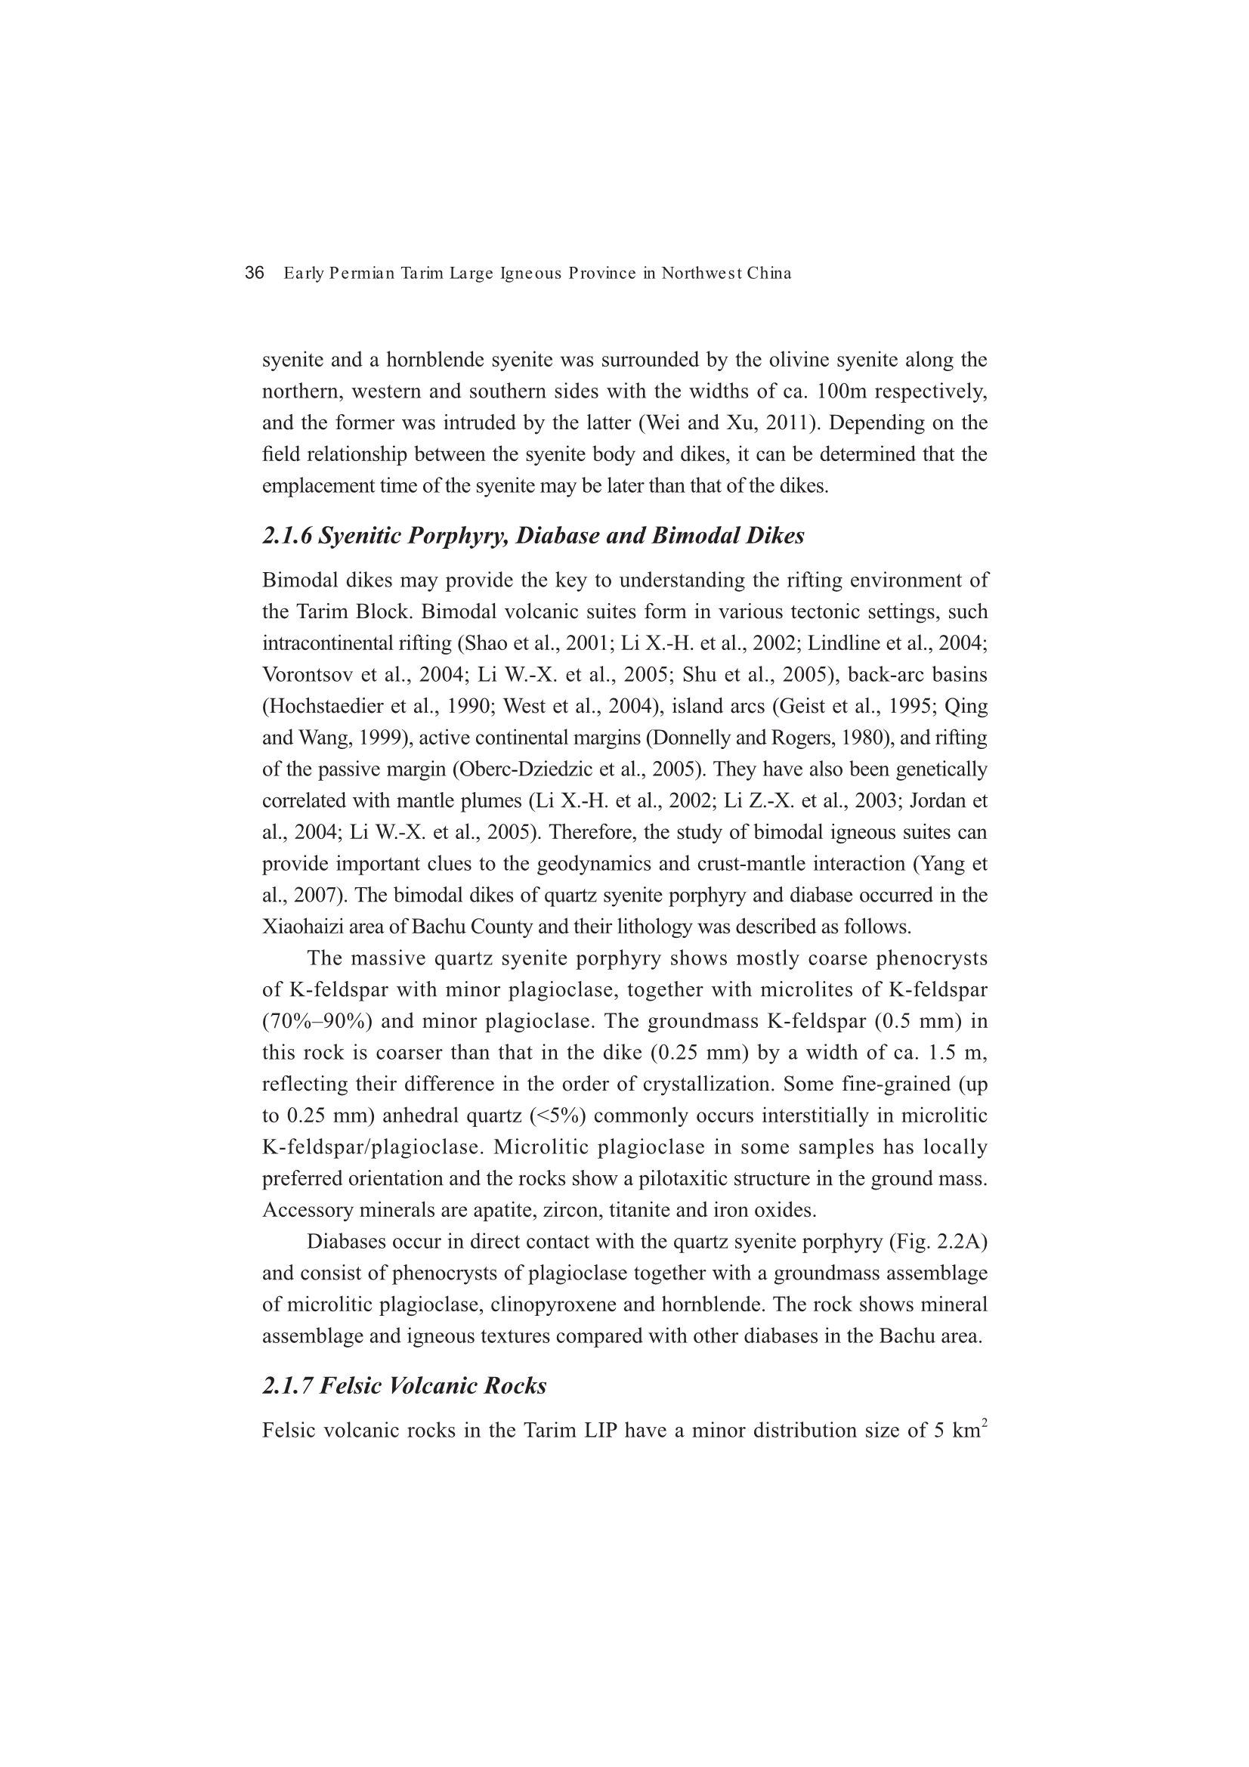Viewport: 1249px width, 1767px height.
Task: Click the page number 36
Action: [x=254, y=273]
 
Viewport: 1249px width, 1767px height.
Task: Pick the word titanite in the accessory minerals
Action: [x=637, y=1212]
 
